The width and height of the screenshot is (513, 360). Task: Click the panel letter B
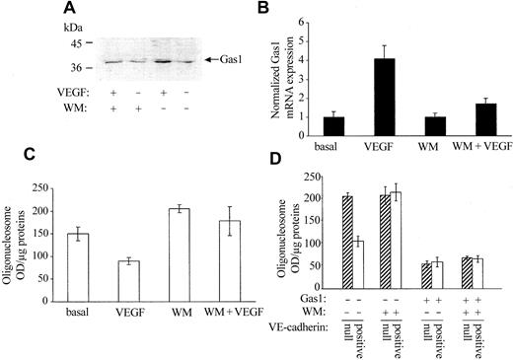tap(263, 10)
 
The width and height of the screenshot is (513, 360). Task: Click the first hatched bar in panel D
tap(347, 241)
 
